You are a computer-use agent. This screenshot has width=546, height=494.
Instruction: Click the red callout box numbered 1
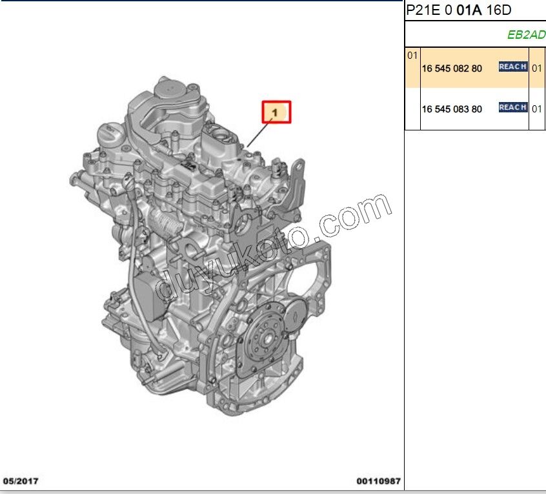tap(276, 112)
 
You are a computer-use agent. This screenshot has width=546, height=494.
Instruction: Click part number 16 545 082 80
tap(452, 68)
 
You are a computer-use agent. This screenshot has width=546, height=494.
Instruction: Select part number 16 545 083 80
tap(452, 108)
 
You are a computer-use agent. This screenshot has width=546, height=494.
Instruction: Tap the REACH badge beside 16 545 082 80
tap(513, 67)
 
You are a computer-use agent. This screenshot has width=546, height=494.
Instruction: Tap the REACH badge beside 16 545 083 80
tap(513, 107)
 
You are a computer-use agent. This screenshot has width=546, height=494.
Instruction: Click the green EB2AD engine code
tap(526, 35)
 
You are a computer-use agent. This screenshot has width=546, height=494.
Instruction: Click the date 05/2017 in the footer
tap(21, 481)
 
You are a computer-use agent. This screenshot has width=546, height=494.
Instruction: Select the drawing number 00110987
tap(378, 481)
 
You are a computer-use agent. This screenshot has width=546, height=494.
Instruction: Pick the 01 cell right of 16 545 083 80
tap(537, 108)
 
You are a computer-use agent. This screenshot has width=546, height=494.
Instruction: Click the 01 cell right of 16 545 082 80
tap(537, 68)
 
